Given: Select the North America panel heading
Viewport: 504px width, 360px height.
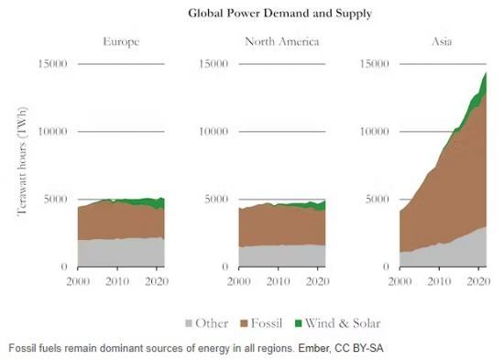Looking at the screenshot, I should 281,42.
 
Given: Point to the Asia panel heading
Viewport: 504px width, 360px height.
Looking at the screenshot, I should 442,42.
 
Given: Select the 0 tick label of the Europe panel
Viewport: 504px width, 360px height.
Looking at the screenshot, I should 62,267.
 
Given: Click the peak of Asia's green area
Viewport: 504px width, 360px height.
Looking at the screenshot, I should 484,73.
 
